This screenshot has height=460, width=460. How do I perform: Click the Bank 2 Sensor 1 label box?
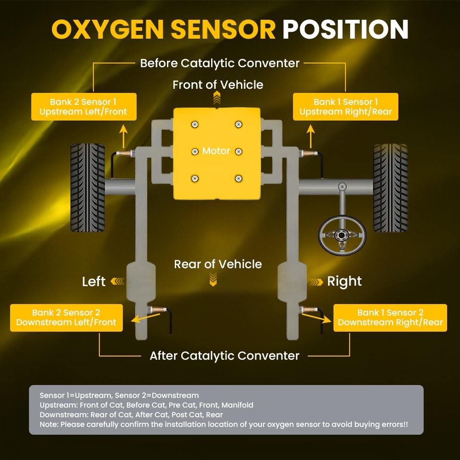click(x=83, y=107)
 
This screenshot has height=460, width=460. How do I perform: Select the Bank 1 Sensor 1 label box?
click(x=345, y=107)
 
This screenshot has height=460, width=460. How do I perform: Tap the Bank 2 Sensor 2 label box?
click(x=66, y=317)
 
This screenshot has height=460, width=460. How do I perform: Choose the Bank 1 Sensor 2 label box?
click(x=390, y=317)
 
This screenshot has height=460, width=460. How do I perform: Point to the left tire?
click(x=87, y=187)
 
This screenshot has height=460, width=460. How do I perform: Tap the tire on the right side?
click(x=390, y=187)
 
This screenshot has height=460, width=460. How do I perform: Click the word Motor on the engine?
click(x=216, y=151)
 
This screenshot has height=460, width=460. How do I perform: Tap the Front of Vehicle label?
click(x=218, y=85)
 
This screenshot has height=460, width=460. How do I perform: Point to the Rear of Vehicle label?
click(x=218, y=264)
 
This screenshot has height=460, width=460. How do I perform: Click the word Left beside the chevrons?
click(x=94, y=282)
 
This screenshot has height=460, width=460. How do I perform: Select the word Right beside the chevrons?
click(x=344, y=282)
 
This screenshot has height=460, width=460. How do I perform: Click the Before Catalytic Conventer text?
click(x=219, y=63)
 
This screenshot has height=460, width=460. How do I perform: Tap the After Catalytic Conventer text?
click(x=224, y=356)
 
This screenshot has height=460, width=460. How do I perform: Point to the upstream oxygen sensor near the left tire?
click(x=126, y=154)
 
